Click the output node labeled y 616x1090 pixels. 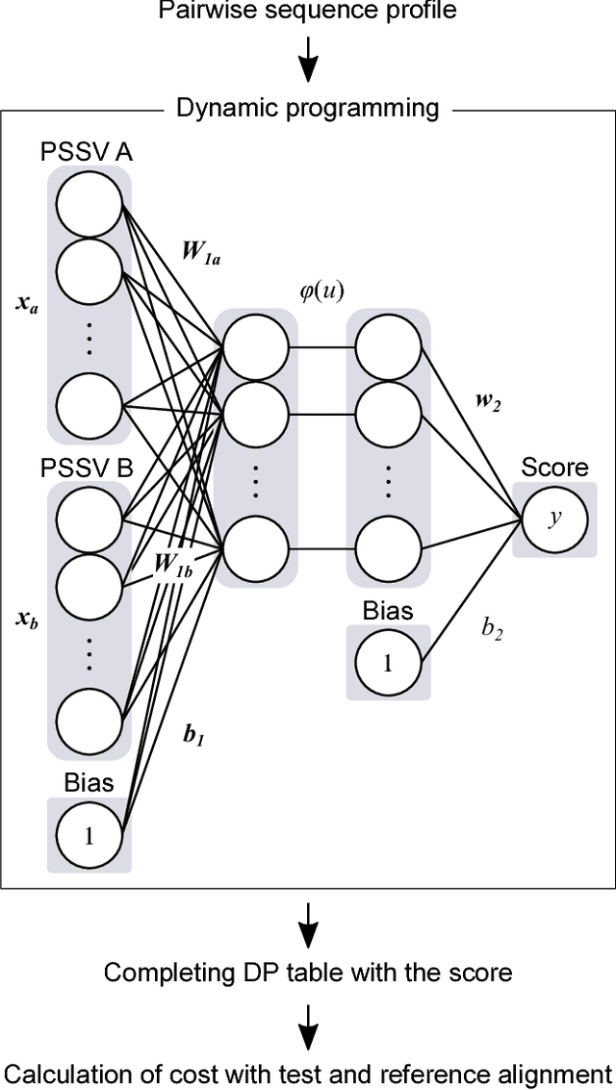tap(554, 519)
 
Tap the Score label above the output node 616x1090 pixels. tap(554, 468)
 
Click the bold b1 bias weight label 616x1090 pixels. tap(193, 736)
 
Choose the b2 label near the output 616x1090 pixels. tap(491, 629)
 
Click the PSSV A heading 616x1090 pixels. tap(86, 152)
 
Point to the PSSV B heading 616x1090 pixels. tap(86, 469)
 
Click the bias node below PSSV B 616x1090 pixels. tap(89, 835)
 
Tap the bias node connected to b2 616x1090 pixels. tap(388, 663)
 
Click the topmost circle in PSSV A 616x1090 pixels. tap(89, 204)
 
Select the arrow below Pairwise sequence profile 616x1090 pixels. tap(308, 64)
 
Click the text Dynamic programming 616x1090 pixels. tap(308, 108)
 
